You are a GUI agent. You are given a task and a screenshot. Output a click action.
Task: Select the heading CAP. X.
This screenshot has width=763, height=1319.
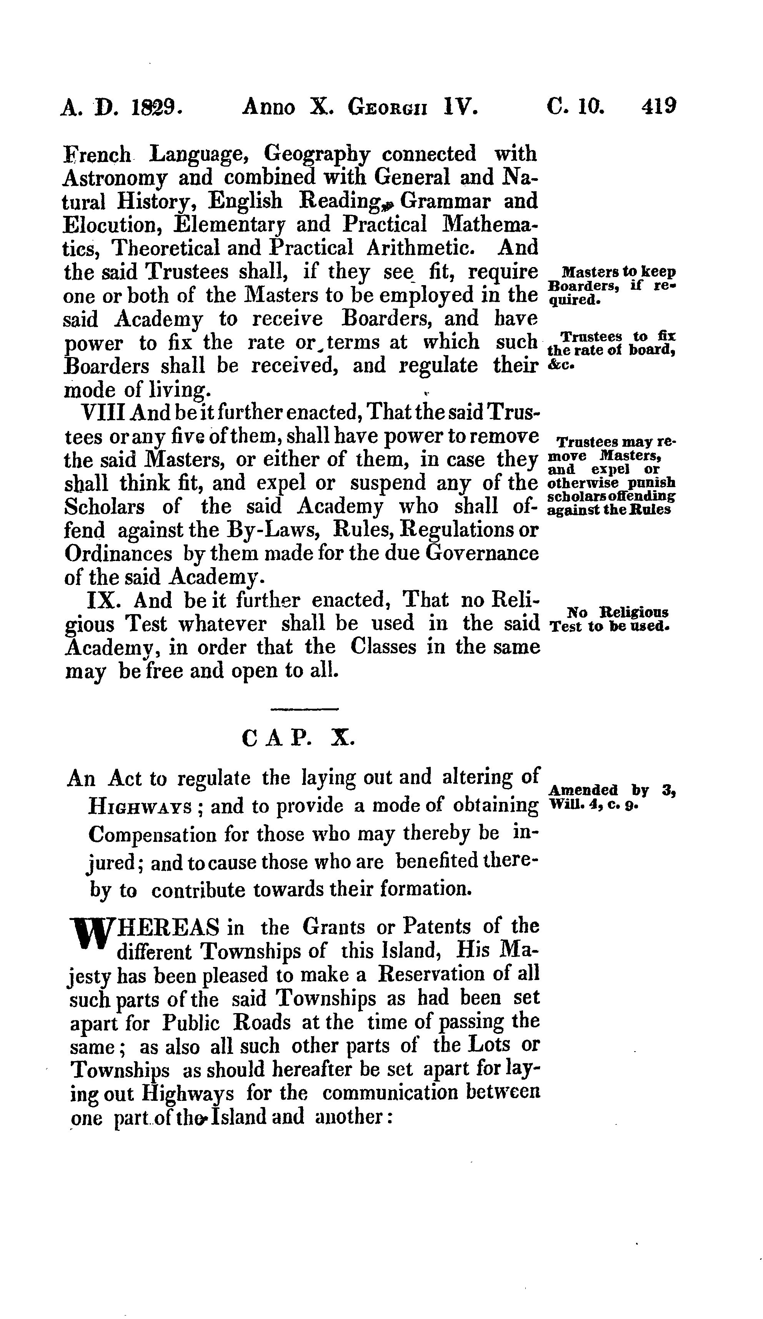299,738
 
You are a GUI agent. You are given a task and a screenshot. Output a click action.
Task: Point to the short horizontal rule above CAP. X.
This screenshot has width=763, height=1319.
305,709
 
